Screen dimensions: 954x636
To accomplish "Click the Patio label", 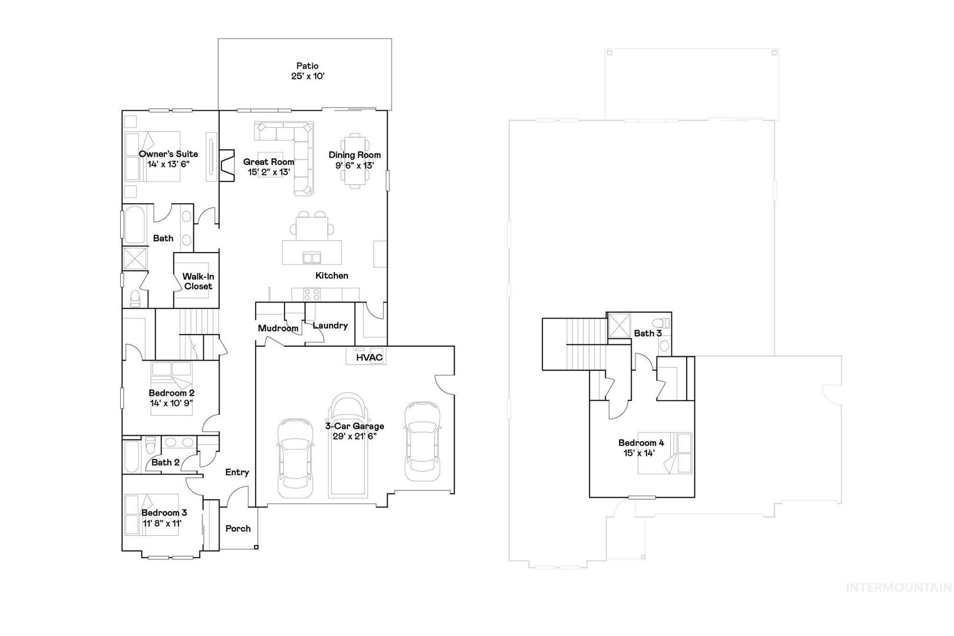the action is [x=307, y=66].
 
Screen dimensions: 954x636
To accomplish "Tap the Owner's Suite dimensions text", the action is [x=168, y=164].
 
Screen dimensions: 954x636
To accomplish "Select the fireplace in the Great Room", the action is [x=227, y=165].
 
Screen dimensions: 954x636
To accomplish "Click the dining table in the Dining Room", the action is [x=355, y=161].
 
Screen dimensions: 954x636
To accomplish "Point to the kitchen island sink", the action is [x=312, y=257].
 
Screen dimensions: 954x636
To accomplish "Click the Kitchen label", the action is [x=332, y=276].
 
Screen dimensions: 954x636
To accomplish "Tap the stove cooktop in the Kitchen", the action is [x=312, y=294].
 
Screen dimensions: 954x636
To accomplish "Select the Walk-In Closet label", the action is [x=198, y=281].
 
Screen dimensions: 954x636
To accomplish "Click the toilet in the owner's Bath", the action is [x=135, y=298].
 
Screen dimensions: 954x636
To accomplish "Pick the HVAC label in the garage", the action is [x=369, y=357].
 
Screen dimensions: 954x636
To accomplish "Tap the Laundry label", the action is [x=330, y=326].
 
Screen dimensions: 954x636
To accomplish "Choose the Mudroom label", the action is [x=278, y=329].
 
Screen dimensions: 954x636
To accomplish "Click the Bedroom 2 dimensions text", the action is [x=171, y=403].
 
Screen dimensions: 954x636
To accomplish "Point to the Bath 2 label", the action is [x=165, y=462].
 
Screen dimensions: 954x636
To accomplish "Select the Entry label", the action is [x=237, y=472].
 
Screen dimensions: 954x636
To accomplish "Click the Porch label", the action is [x=238, y=529].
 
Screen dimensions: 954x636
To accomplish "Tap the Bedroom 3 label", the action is [x=164, y=513].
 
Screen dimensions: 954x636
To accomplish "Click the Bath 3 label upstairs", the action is [x=648, y=333].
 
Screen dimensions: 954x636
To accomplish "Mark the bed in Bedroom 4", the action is [x=664, y=453].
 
